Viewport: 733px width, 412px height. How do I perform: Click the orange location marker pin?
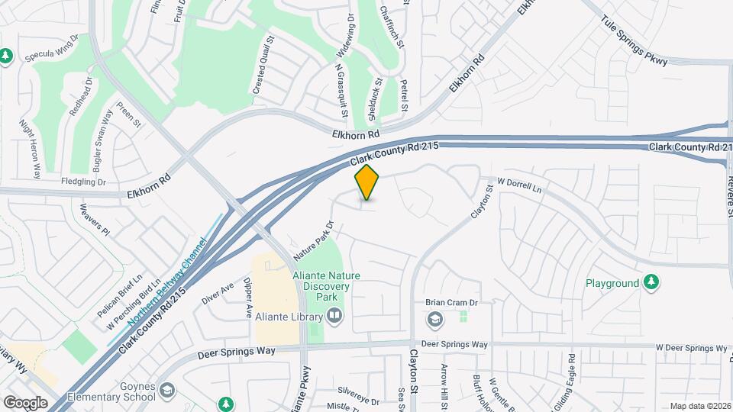(x=367, y=182)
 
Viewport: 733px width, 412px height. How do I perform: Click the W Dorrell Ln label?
(x=519, y=185)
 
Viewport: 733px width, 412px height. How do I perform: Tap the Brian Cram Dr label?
(x=450, y=303)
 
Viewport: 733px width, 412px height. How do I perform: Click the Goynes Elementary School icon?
(x=166, y=392)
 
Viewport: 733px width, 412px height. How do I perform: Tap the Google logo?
(x=25, y=402)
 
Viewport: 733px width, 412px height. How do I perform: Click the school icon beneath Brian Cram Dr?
(x=434, y=318)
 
